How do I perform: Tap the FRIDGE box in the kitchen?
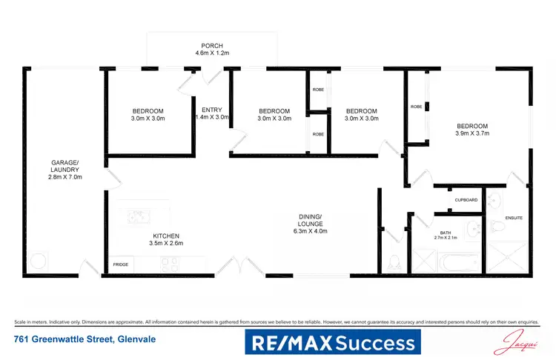120,264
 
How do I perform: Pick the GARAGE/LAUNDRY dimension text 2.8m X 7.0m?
65,177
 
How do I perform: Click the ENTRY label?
211,110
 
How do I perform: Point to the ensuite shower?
509,258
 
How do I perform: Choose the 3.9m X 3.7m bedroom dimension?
473,134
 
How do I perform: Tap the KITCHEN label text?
165,235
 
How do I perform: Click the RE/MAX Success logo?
332,342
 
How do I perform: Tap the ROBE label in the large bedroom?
417,107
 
